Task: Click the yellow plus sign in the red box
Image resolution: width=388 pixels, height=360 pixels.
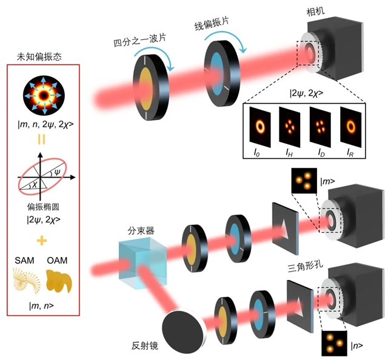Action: pos(41,241)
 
